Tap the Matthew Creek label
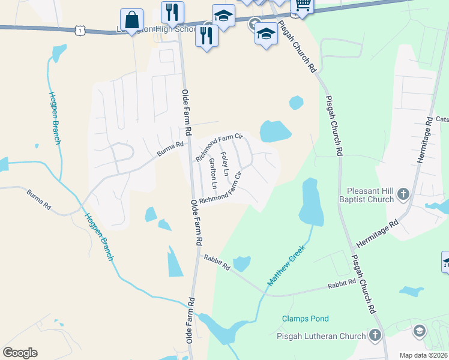tap(287, 265)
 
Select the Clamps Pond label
tap(306, 319)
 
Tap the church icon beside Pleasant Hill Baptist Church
tap(403, 194)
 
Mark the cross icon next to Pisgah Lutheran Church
tap(375, 335)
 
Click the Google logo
tap(20, 353)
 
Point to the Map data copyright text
tap(424, 355)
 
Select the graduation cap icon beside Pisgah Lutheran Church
tap(419, 331)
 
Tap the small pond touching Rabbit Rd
tap(241, 263)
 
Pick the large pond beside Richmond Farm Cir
tap(275, 131)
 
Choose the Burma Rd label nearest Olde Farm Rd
tap(170, 148)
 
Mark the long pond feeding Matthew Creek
tap(310, 202)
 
